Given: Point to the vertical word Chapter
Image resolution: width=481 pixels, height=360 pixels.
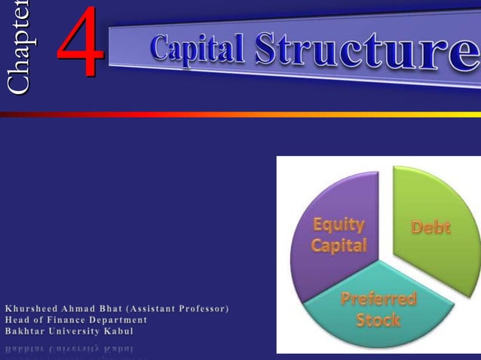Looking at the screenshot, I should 18,47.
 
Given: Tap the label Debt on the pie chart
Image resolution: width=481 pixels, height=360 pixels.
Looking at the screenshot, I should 431,227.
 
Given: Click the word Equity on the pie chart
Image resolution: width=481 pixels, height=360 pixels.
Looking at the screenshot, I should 339,224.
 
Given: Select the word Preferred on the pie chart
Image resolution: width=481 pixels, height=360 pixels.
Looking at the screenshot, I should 378,298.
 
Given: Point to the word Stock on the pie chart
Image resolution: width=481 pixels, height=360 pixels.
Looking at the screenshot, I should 378,319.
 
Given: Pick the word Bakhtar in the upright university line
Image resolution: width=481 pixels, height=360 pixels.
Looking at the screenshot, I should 25,331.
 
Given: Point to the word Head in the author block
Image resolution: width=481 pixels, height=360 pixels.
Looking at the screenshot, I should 17,320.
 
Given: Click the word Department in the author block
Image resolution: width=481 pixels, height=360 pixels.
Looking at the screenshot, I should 120,320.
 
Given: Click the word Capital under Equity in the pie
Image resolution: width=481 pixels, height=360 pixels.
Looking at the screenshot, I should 339,246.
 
